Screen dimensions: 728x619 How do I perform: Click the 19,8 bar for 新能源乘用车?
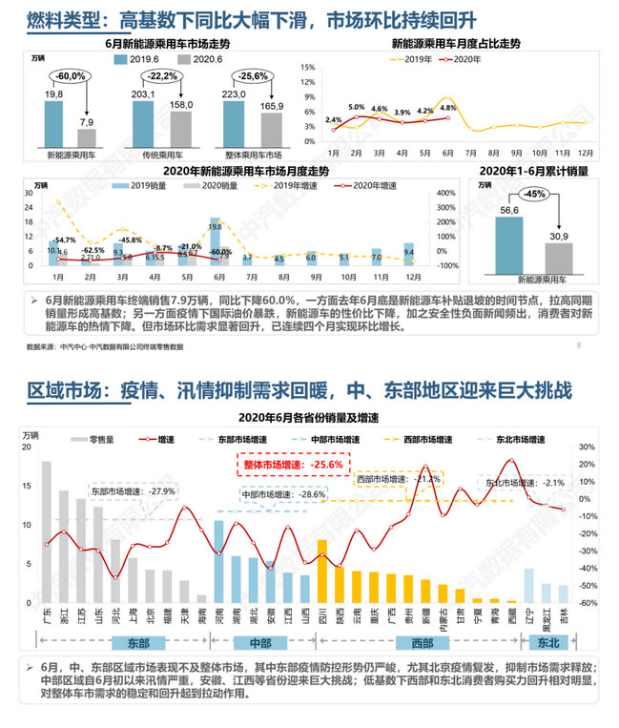pyautogui.click(x=53, y=121)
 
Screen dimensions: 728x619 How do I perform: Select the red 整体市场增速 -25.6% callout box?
pyautogui.click(x=296, y=465)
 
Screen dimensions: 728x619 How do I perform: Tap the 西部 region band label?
pyautogui.click(x=423, y=643)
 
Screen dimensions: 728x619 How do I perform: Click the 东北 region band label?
pyautogui.click(x=548, y=643)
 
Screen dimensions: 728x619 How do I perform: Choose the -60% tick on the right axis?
pyautogui.click(x=588, y=603)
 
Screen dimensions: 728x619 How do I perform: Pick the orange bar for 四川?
pyautogui.click(x=321, y=571)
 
